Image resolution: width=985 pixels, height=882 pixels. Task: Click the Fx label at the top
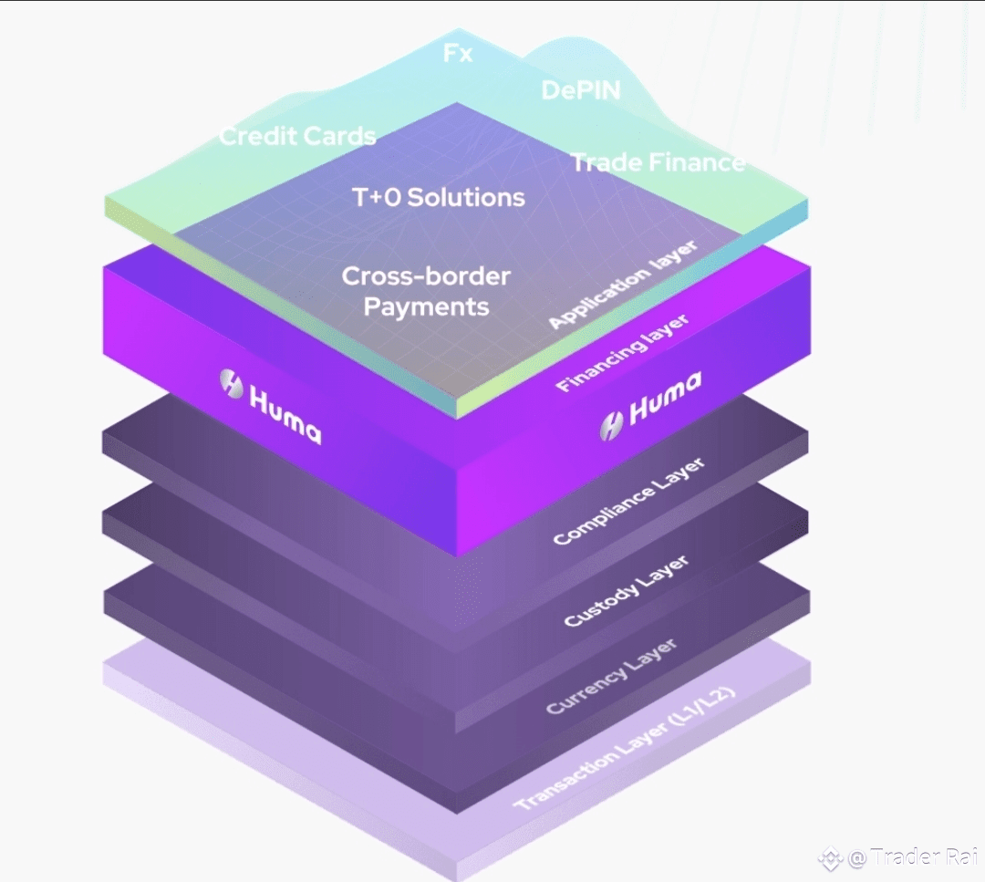tap(457, 53)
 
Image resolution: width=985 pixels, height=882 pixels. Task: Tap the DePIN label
tap(581, 90)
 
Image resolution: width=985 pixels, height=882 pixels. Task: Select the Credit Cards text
tap(297, 136)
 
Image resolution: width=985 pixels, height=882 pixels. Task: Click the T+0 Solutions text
tap(439, 197)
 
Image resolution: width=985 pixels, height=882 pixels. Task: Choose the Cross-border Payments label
tap(426, 292)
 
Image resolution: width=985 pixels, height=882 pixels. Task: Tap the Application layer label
tap(623, 284)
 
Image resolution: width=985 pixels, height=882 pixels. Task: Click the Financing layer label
tap(622, 353)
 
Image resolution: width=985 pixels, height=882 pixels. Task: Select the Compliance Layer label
tap(628, 502)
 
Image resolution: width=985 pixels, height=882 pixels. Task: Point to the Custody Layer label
tap(627, 590)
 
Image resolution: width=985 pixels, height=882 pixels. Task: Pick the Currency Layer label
tap(611, 677)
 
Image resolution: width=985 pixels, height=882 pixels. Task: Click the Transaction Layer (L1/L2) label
tap(624, 748)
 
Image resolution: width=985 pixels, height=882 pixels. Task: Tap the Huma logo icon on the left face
tap(231, 383)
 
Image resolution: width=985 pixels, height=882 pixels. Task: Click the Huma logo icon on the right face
tap(611, 427)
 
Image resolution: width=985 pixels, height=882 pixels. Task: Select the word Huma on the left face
tap(285, 415)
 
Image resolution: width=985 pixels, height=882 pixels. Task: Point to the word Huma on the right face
tap(665, 398)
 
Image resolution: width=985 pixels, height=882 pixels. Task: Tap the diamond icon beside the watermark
tap(830, 858)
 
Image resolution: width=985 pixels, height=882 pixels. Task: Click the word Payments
tap(426, 307)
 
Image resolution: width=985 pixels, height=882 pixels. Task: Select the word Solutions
tap(465, 197)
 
